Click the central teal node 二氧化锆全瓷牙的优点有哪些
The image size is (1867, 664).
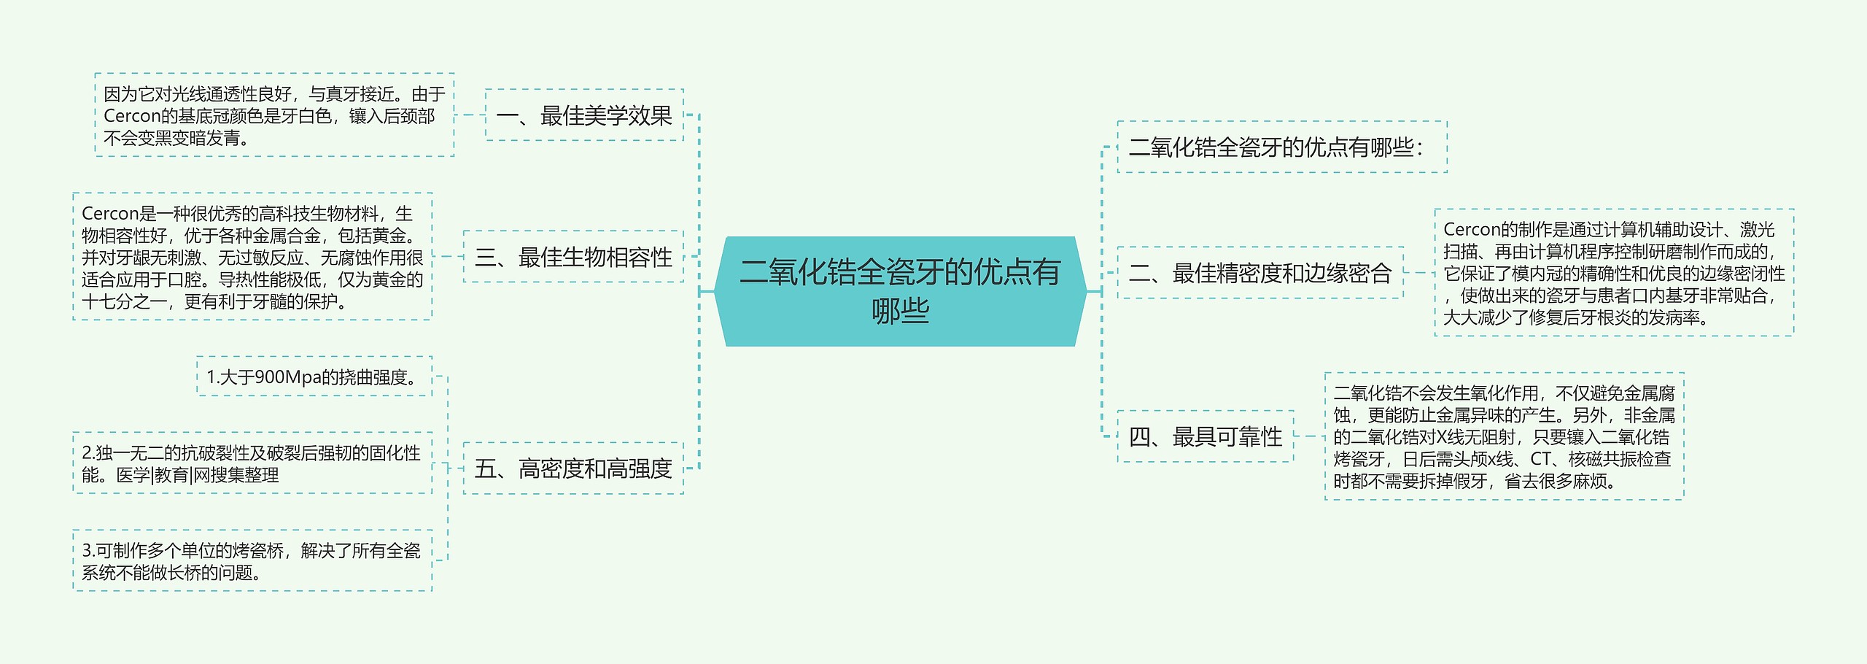click(x=900, y=290)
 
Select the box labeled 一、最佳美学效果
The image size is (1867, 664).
click(x=584, y=115)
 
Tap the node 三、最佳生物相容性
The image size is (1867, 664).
click(x=573, y=257)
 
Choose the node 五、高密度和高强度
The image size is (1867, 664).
click(x=573, y=468)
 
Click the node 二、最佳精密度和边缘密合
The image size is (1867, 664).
click(x=1260, y=273)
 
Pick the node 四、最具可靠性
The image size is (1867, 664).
click(x=1206, y=437)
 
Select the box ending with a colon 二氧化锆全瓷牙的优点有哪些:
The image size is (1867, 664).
click(x=1281, y=147)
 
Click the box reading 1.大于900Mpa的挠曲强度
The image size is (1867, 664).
click(x=314, y=377)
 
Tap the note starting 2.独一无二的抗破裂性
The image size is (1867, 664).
click(x=252, y=463)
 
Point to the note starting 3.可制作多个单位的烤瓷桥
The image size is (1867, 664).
click(x=252, y=561)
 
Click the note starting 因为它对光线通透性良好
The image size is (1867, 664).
click(x=274, y=115)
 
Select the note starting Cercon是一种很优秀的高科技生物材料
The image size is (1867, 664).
click(x=252, y=257)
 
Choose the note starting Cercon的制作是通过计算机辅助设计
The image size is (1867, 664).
click(x=1614, y=273)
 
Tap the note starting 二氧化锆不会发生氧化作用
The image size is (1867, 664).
click(x=1504, y=436)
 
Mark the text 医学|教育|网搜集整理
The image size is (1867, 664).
click(x=198, y=475)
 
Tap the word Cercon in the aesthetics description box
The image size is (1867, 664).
click(x=132, y=116)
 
